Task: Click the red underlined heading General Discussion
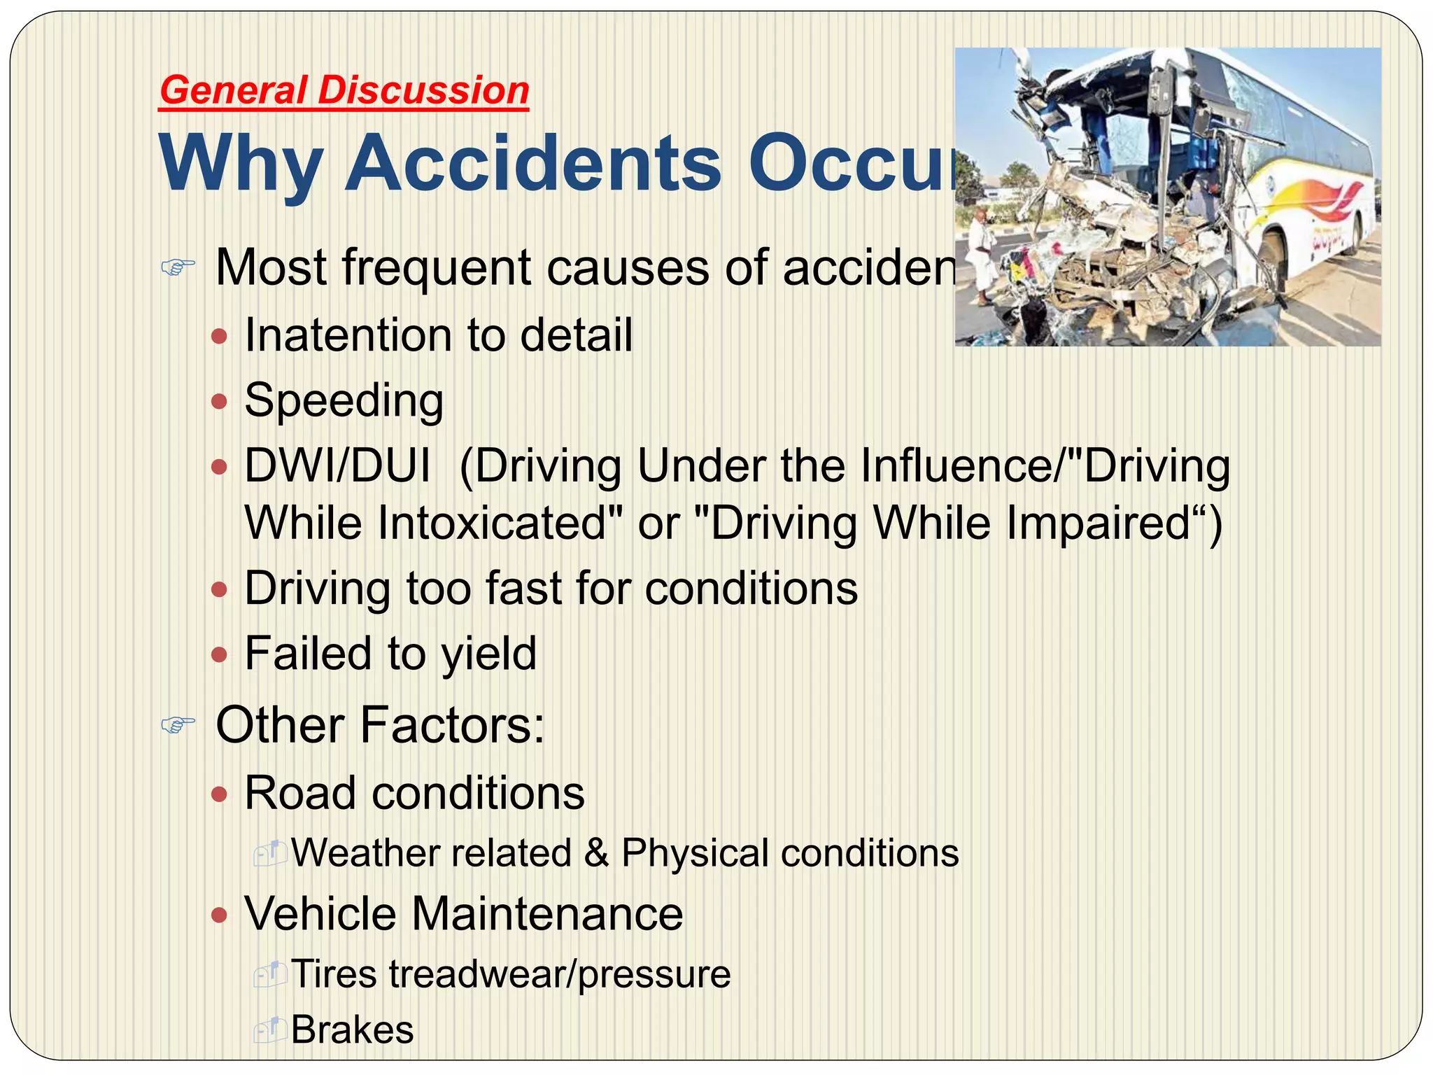pos(344,91)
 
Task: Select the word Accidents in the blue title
pos(533,164)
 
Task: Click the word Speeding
pos(344,401)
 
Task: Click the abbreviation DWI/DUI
pos(337,466)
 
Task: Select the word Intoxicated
pos(500,524)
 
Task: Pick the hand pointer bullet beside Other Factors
pos(178,725)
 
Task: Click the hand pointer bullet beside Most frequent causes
pos(178,267)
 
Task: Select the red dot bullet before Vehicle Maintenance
pos(220,915)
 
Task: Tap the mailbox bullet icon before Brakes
pos(269,1030)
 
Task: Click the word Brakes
pos(352,1030)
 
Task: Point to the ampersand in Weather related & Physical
pos(596,853)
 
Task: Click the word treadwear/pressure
pos(560,974)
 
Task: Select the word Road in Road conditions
pos(299,794)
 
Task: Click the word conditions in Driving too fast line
pos(751,589)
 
